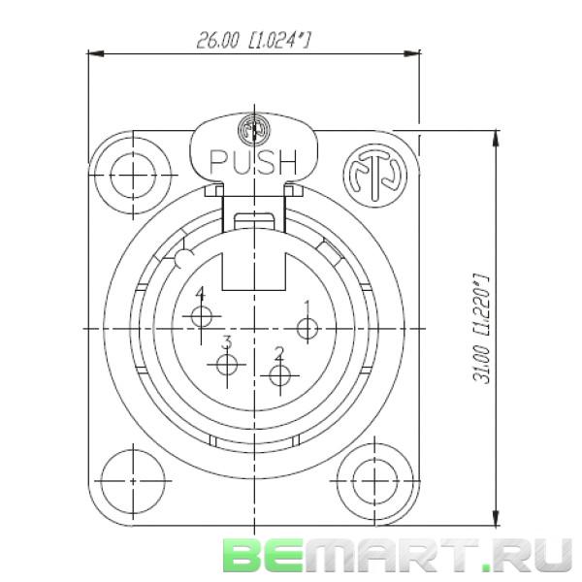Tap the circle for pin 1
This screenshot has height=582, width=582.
tap(307, 330)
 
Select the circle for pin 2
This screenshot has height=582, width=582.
tap(281, 375)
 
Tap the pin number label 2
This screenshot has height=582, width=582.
tap(278, 352)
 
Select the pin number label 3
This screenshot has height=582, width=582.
tap(226, 341)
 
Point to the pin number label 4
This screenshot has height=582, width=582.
tap(200, 293)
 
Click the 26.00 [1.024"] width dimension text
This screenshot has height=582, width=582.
tap(258, 40)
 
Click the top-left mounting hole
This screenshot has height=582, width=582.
tap(131, 176)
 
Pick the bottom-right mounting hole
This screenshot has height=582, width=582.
tap(373, 477)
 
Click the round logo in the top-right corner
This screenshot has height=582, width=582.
tap(373, 176)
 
